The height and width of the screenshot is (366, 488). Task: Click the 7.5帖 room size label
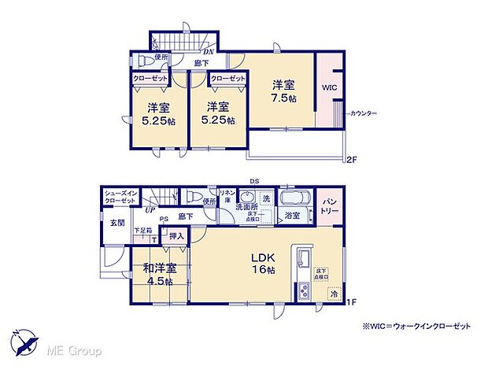tap(284, 99)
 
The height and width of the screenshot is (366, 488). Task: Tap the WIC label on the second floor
tap(330, 87)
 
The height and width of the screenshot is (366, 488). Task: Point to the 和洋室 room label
tap(160, 268)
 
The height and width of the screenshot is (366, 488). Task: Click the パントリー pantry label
tap(329, 207)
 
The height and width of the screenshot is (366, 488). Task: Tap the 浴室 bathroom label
tap(292, 215)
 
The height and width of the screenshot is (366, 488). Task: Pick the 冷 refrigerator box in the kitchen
tap(334, 294)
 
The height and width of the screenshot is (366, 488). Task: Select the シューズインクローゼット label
tap(122, 197)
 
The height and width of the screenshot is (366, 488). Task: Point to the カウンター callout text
tap(363, 114)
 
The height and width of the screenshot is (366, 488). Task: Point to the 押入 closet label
tap(176, 235)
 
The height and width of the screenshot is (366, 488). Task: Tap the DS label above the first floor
tap(254, 180)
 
